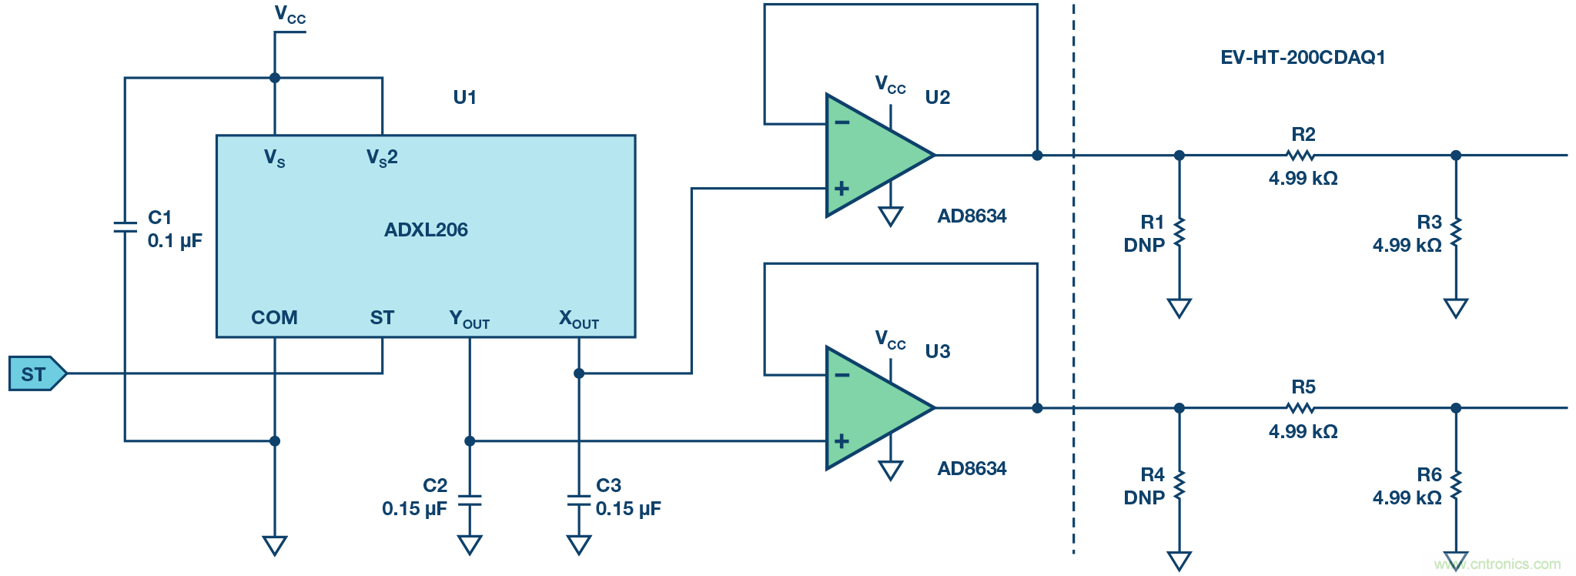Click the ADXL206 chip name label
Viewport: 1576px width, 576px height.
tap(426, 229)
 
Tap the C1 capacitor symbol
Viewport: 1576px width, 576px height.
tap(125, 227)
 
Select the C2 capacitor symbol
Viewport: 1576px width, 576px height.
tap(470, 501)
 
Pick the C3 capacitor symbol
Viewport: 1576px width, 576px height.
tap(579, 501)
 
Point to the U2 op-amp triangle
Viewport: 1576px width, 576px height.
tap(874, 156)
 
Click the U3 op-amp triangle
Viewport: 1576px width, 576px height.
tap(874, 408)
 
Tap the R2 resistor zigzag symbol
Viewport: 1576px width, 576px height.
tap(1300, 156)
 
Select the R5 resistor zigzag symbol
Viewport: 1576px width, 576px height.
tap(1300, 408)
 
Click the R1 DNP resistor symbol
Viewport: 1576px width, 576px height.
tap(1179, 233)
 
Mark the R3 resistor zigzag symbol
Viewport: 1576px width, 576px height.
tap(1456, 233)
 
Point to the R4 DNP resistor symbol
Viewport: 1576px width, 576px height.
tap(1179, 485)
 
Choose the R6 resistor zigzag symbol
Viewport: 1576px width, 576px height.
tap(1456, 485)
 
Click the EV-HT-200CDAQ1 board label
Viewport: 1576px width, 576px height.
tap(1303, 58)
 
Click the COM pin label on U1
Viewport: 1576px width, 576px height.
tap(274, 317)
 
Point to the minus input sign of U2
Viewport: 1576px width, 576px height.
tap(842, 122)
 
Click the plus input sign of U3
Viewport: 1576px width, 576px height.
tap(842, 441)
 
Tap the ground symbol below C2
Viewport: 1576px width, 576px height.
tap(470, 545)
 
